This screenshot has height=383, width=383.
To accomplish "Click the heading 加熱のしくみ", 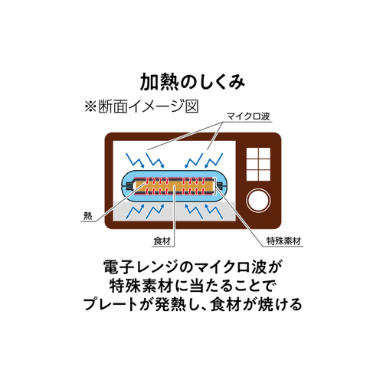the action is (192, 81).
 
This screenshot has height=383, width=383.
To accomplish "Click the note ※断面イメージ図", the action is (142, 106).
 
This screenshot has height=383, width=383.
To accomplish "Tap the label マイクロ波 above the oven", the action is (248, 116).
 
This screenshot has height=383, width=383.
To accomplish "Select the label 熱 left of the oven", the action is (87, 216).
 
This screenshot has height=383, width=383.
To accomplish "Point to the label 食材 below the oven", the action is (162, 241).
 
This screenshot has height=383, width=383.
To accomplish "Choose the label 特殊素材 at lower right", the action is (283, 241).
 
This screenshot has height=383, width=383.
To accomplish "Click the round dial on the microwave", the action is (258, 200).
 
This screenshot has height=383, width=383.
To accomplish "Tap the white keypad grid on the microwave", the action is (258, 165).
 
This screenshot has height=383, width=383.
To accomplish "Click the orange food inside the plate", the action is (175, 186).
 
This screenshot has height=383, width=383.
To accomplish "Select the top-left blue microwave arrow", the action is (135, 160).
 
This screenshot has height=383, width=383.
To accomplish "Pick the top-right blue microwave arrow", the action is (214, 160).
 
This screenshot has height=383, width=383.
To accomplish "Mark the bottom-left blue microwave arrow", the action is (135, 211).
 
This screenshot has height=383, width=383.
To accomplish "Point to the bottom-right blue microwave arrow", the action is (214, 211).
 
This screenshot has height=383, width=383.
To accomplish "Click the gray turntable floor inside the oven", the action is (175, 212).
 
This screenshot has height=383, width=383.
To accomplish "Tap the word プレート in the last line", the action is (110, 304).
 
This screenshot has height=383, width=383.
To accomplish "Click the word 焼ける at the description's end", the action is (280, 304).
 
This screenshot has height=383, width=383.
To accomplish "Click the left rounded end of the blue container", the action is (127, 186).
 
